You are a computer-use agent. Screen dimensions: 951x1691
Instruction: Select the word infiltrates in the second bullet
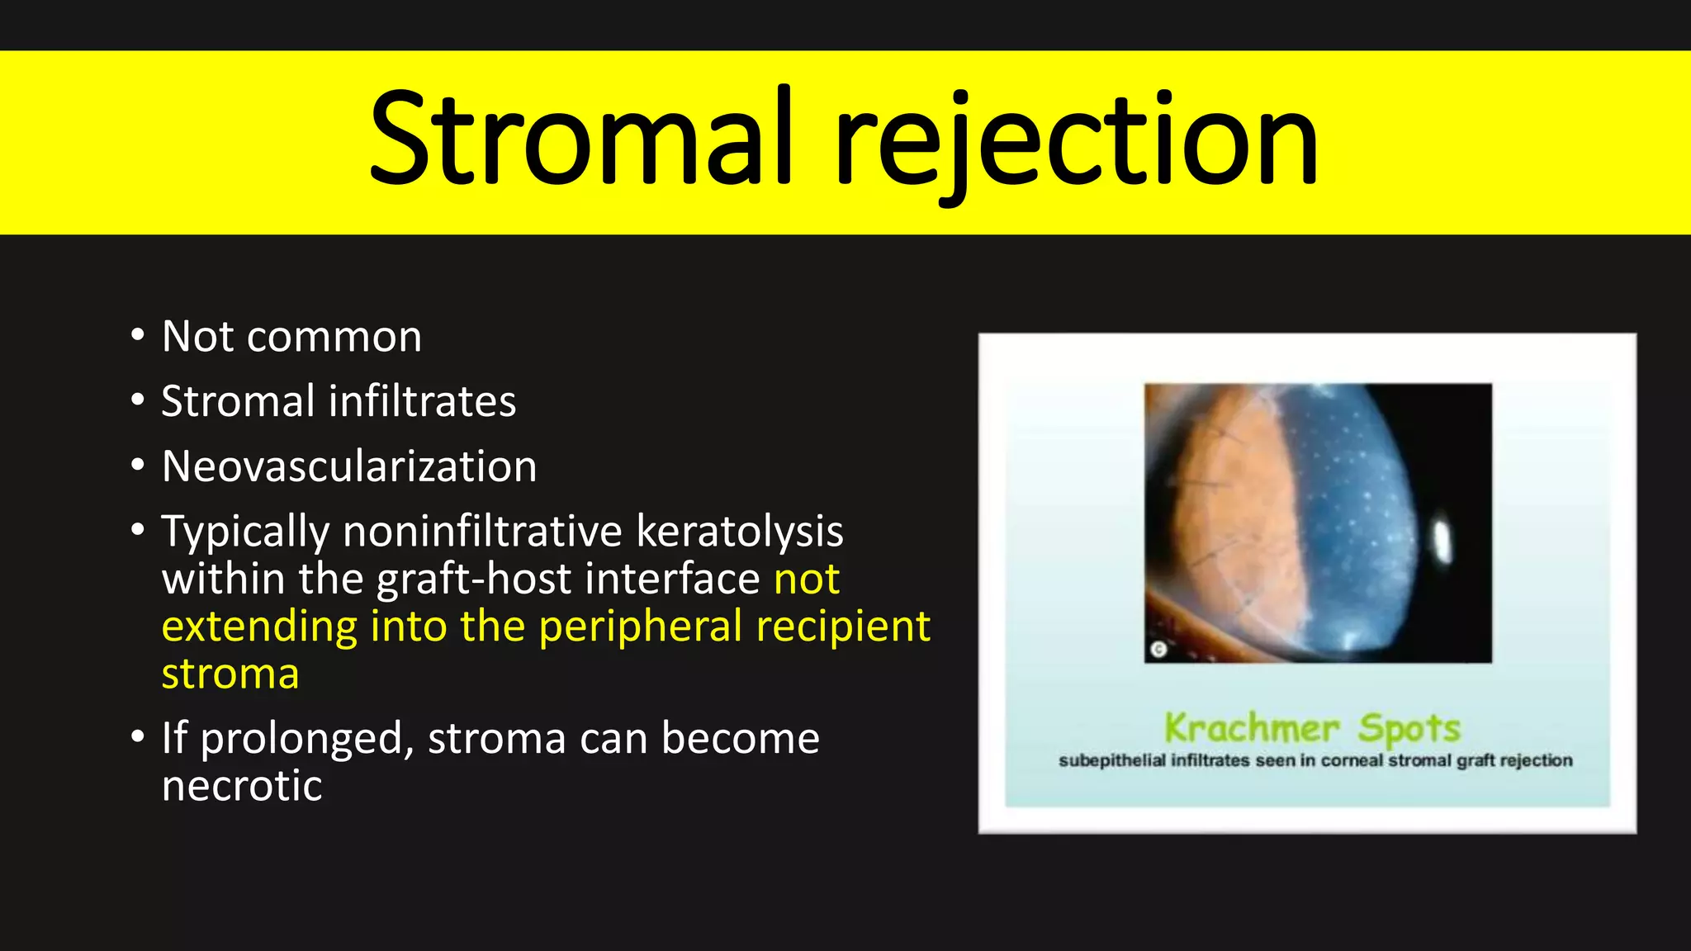422,402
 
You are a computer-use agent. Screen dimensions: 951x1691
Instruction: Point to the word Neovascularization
349,467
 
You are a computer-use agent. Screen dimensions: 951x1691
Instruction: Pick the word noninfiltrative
482,532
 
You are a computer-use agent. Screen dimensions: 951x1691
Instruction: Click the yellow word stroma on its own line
230,674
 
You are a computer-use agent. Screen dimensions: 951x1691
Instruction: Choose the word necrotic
241,786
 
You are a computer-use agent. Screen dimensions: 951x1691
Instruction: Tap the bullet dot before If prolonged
138,736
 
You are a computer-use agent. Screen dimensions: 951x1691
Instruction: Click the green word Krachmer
1251,728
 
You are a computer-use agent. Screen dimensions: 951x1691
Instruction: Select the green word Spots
1409,728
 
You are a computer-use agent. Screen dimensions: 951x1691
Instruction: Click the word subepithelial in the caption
1111,761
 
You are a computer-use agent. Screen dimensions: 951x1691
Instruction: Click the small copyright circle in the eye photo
1158,650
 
